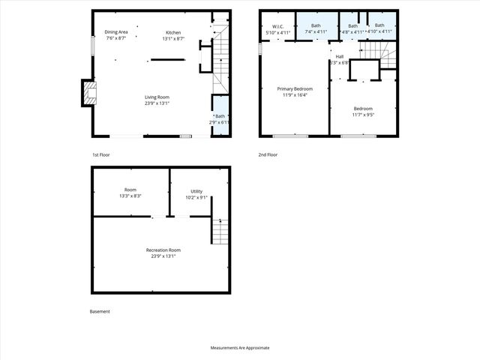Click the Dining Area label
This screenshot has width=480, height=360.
(x=115, y=32)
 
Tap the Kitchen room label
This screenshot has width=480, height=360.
(x=173, y=32)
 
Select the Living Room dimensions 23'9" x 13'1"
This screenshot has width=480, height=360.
(x=157, y=103)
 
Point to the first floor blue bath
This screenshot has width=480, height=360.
(x=220, y=116)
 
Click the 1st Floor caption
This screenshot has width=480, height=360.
(x=101, y=154)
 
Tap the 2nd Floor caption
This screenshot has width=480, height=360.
(x=268, y=154)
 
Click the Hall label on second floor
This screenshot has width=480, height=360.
(x=340, y=56)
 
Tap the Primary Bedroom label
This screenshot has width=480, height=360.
(x=293, y=88)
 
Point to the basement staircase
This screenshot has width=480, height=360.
(x=218, y=231)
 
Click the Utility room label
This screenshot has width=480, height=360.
(x=197, y=192)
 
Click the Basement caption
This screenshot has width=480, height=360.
(x=100, y=311)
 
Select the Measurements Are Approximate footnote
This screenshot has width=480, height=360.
(x=240, y=348)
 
